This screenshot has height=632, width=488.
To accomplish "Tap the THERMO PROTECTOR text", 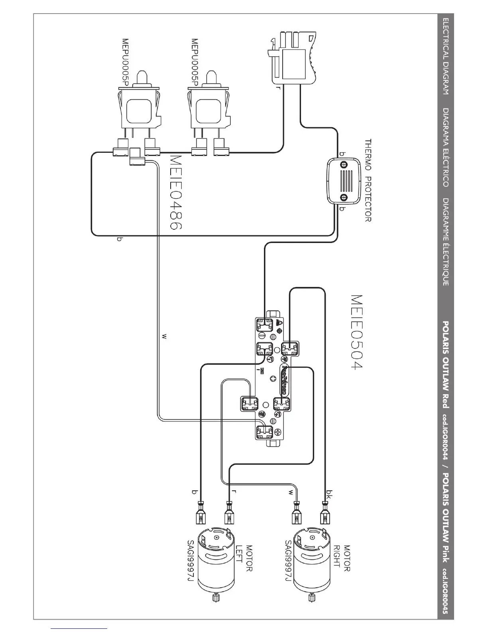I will [368, 180].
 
